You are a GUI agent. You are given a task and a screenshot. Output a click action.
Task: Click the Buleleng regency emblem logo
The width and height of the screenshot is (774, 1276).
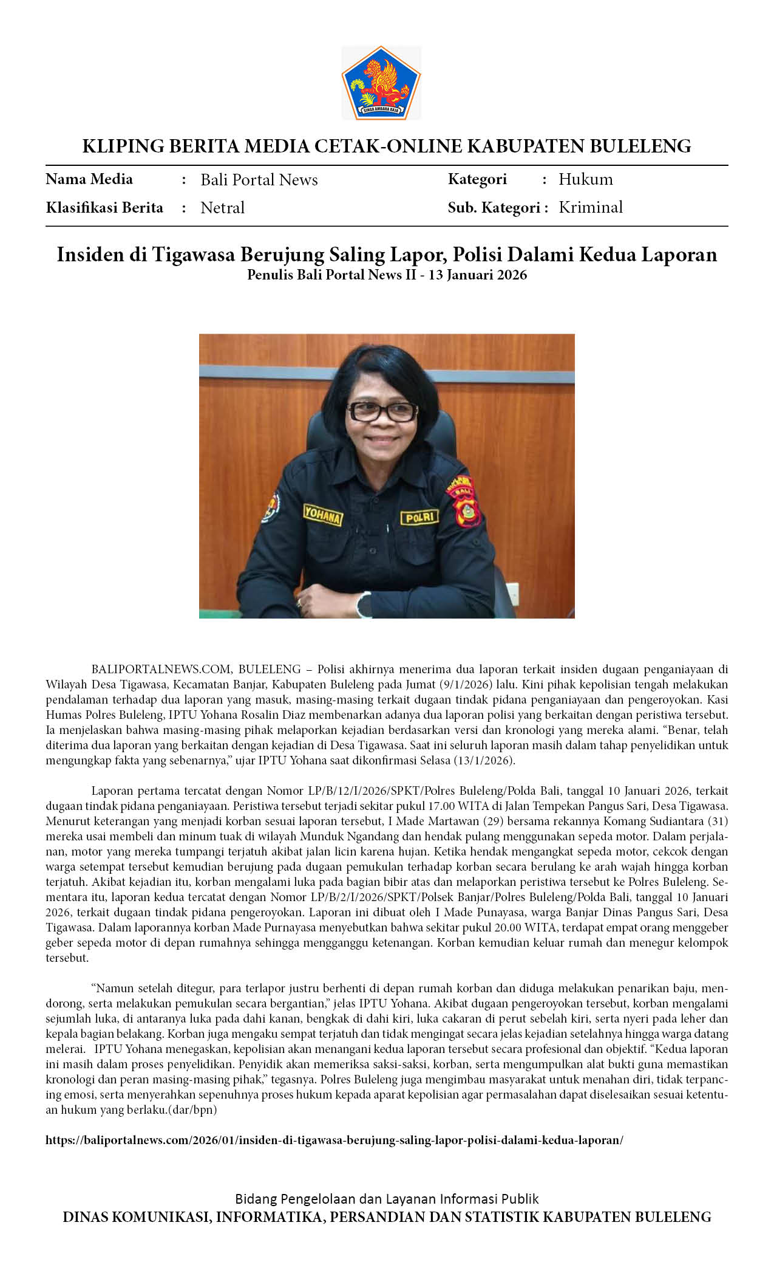[x=381, y=83]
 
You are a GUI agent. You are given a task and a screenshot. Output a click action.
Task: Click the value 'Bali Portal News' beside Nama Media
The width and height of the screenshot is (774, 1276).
[x=259, y=180]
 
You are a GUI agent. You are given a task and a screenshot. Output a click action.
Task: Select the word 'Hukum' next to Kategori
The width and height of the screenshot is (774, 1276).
[x=586, y=179]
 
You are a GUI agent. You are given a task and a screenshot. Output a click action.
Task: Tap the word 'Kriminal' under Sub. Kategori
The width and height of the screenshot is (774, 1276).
[x=591, y=207]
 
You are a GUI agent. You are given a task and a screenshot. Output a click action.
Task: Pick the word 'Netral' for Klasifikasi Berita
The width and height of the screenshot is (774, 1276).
[x=223, y=208]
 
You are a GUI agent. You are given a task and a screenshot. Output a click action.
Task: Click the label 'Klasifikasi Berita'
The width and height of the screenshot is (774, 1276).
[x=104, y=208]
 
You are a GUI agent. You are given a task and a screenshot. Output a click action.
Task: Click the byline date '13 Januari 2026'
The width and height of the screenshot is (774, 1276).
[x=478, y=275]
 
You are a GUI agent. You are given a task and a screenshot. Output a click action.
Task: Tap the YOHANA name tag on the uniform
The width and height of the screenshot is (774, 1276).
[x=323, y=515]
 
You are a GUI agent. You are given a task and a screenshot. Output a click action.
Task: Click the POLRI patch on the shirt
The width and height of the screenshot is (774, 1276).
[x=419, y=517]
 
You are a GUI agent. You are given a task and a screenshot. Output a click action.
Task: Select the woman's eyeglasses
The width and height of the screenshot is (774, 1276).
[x=382, y=411]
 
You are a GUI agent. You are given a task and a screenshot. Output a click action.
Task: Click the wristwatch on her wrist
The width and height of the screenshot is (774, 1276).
[x=363, y=605]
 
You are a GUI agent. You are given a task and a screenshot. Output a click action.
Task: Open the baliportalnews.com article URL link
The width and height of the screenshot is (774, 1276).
[x=334, y=1140]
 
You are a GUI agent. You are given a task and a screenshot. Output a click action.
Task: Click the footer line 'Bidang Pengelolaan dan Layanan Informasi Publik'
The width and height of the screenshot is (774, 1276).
[x=387, y=1199]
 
